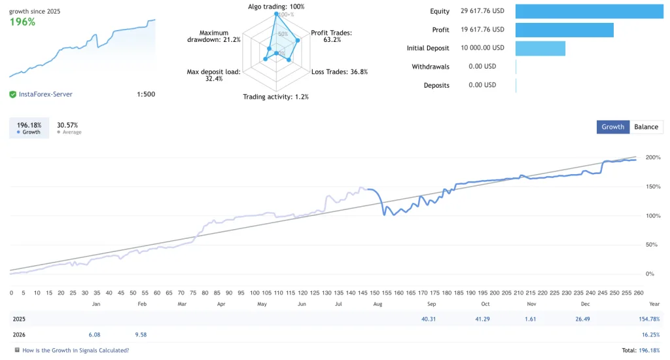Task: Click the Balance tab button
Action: pyautogui.click(x=646, y=127)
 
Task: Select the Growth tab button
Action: pyautogui.click(x=612, y=127)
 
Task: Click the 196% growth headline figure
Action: pyautogui.click(x=22, y=22)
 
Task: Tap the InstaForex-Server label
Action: pyautogui.click(x=45, y=94)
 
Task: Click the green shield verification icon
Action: pyautogui.click(x=12, y=94)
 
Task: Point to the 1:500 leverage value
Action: pyautogui.click(x=146, y=94)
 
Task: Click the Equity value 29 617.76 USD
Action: pyautogui.click(x=482, y=11)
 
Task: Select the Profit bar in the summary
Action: pyautogui.click(x=564, y=30)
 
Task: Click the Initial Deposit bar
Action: pyautogui.click(x=540, y=48)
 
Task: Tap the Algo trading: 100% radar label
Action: pyautogui.click(x=276, y=7)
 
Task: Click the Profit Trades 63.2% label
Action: pyautogui.click(x=331, y=37)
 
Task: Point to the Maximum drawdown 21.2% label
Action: pyautogui.click(x=214, y=37)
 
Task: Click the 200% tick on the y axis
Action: pyautogui.click(x=652, y=158)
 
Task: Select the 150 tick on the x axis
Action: pyautogui.click(x=374, y=293)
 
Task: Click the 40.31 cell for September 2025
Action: pyautogui.click(x=429, y=319)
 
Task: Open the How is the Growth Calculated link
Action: pyautogui.click(x=75, y=350)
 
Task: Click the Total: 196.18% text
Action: pyautogui.click(x=641, y=350)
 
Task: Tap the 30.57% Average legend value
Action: pyautogui.click(x=67, y=125)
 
